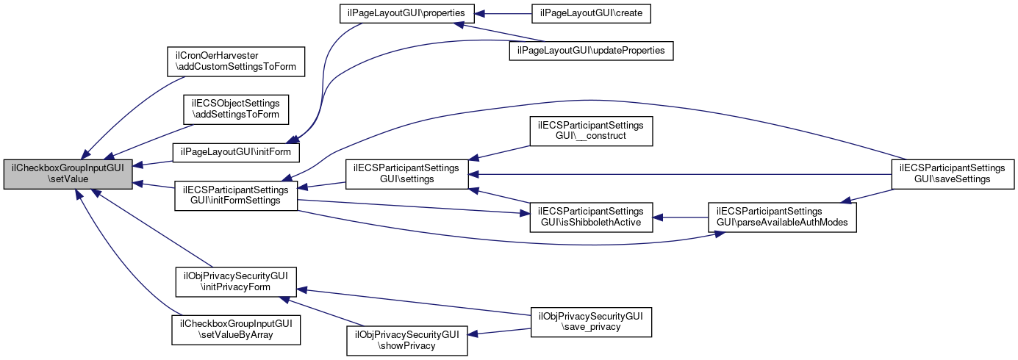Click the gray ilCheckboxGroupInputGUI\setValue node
tap(68, 173)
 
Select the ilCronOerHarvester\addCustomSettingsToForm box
tap(236, 61)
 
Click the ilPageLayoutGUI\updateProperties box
tap(591, 51)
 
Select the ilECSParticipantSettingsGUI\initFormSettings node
tap(236, 195)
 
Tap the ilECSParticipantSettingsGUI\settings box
tap(407, 173)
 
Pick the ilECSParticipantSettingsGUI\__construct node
tap(591, 131)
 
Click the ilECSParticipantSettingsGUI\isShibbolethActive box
tap(591, 216)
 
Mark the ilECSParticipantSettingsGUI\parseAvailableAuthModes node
tap(783, 216)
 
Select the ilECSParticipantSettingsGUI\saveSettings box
tap(953, 173)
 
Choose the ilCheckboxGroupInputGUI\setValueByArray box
tap(236, 329)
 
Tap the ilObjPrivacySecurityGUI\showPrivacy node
tap(407, 339)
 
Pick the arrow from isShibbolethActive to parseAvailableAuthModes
tap(680, 217)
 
